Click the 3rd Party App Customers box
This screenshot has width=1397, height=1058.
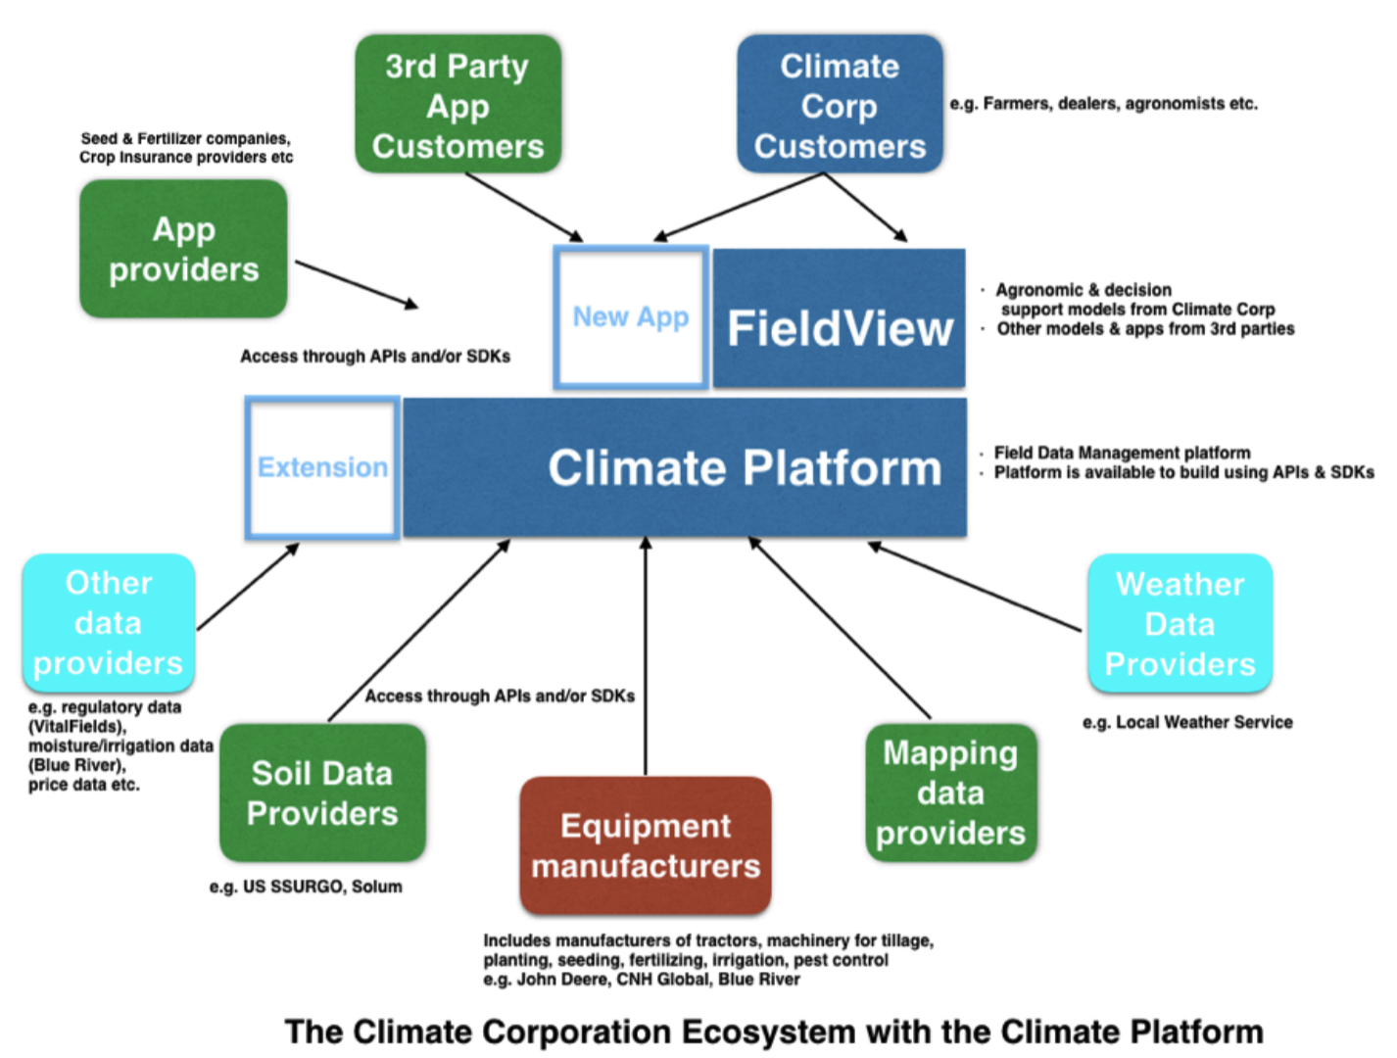click(458, 105)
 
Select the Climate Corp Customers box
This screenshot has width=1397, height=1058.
click(840, 105)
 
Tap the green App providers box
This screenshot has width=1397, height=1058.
click(183, 249)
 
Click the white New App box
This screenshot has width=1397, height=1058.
click(631, 317)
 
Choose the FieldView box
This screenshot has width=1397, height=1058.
click(840, 319)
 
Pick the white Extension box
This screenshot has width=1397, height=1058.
click(322, 467)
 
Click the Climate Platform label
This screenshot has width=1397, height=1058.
click(745, 468)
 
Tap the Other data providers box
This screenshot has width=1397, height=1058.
click(109, 623)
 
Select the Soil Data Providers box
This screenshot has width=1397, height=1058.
click(322, 793)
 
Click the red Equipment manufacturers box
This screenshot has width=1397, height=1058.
click(646, 845)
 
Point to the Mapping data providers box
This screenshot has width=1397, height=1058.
click(950, 793)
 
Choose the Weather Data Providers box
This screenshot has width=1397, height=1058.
click(1180, 624)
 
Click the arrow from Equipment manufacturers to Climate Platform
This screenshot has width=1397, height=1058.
click(646, 656)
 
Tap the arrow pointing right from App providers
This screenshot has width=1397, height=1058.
click(357, 284)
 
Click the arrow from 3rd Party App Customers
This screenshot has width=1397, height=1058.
click(524, 207)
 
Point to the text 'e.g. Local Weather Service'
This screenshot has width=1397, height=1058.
click(1187, 722)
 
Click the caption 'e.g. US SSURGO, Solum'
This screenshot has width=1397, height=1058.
click(306, 887)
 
